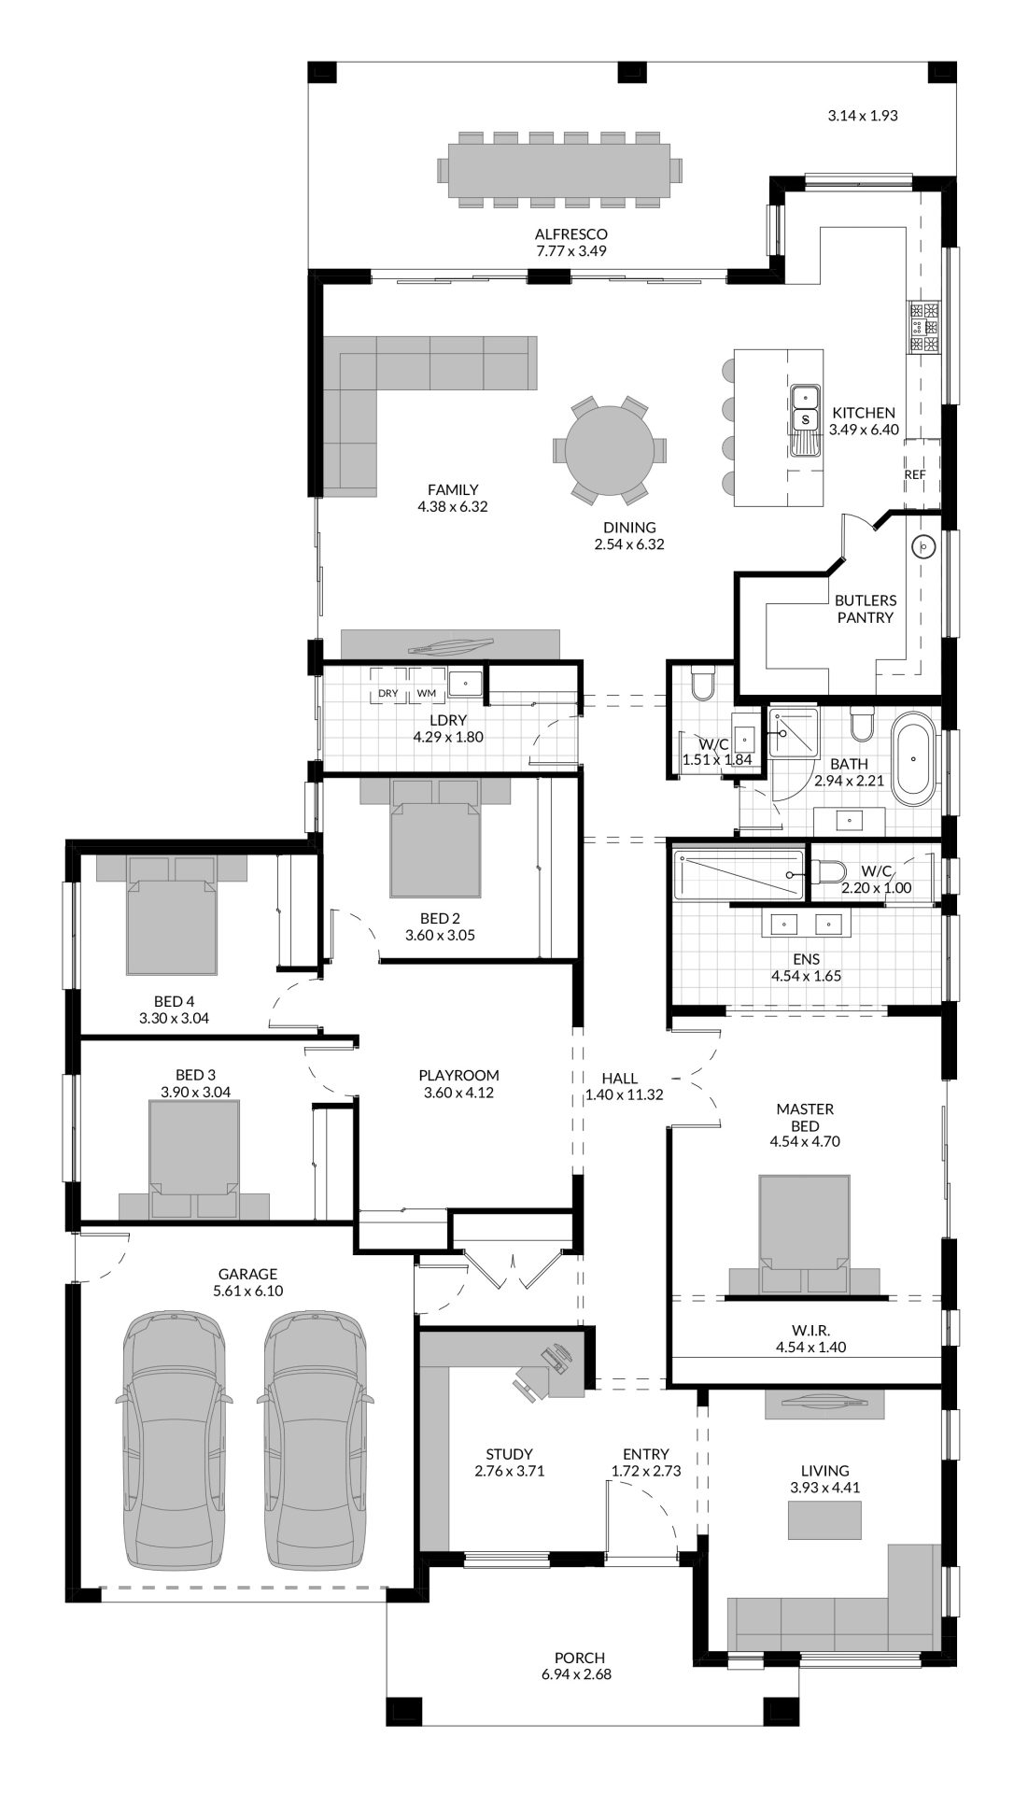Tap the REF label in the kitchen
pos(915,474)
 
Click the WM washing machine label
pos(427,693)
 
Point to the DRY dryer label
pos(388,693)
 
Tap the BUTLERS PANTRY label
pos(866,609)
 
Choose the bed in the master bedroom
pos(804,1233)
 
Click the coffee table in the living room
pos(824,1519)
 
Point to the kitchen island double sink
pos(804,418)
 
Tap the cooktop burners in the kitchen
pos(923,328)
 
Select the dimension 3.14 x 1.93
pos(863,116)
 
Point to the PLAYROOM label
pos(458,1075)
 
